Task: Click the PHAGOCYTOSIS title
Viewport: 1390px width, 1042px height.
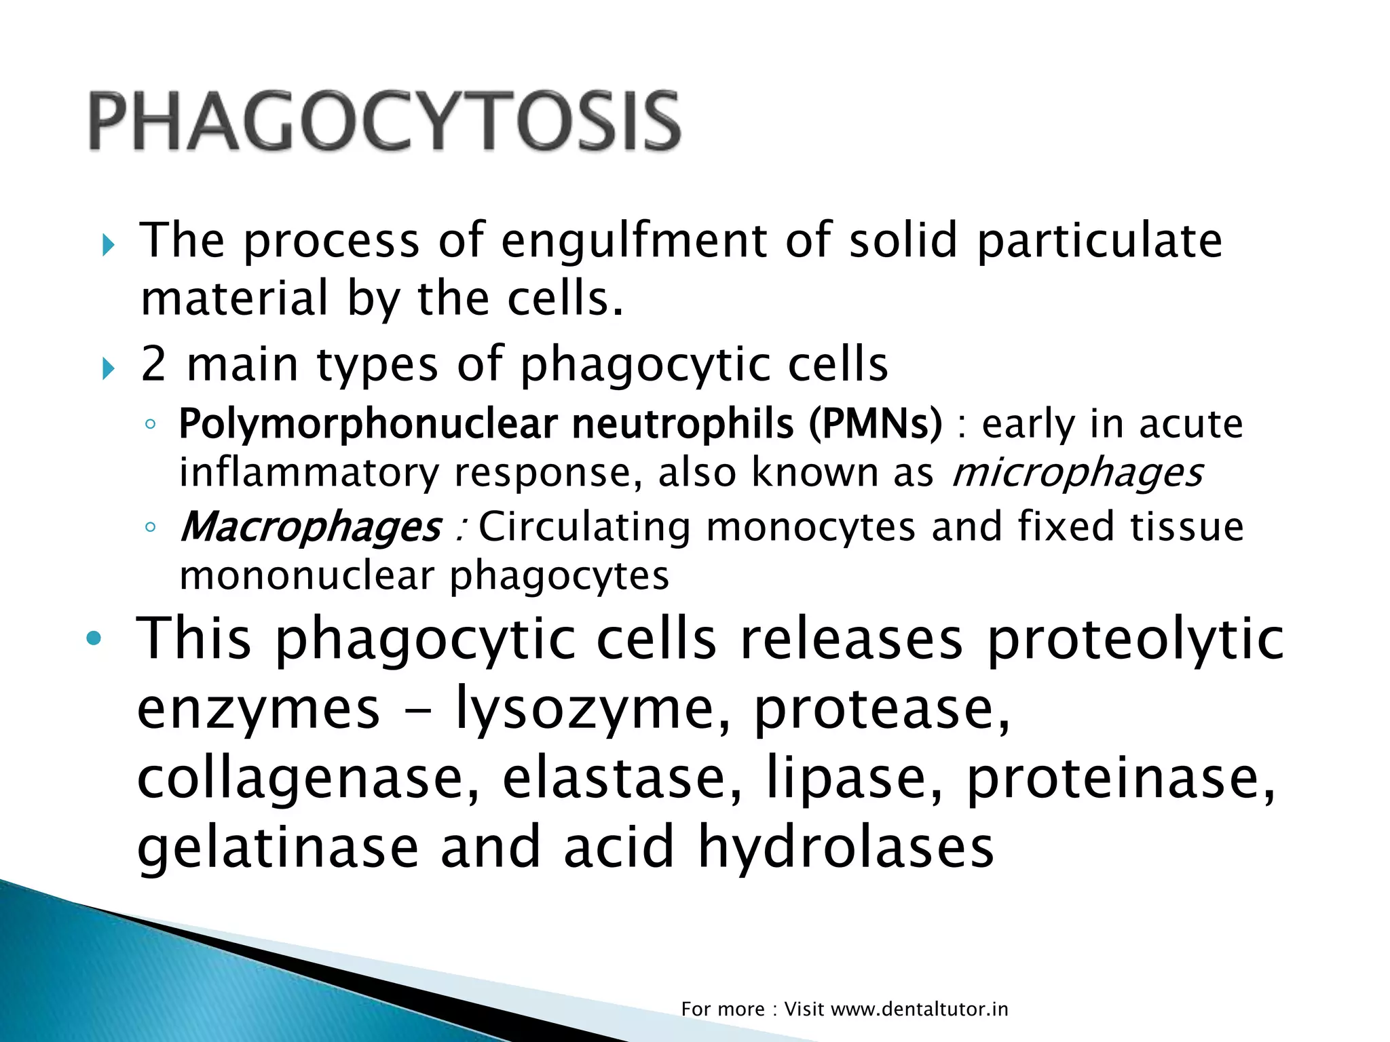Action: [x=384, y=122]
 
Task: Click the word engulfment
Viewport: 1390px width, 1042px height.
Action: [x=635, y=242]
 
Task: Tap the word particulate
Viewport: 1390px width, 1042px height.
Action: [x=1100, y=242]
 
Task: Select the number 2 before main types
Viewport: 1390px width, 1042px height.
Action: [x=153, y=364]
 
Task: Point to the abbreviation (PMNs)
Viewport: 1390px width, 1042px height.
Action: [x=876, y=425]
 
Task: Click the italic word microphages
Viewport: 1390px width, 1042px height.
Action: [x=1077, y=473]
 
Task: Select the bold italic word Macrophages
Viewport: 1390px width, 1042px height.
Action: [x=310, y=527]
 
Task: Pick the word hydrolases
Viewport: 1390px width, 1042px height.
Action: [x=846, y=847]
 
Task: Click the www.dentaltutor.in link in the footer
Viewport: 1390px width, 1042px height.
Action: [x=919, y=1009]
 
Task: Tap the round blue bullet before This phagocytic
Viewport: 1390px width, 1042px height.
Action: [x=94, y=639]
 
